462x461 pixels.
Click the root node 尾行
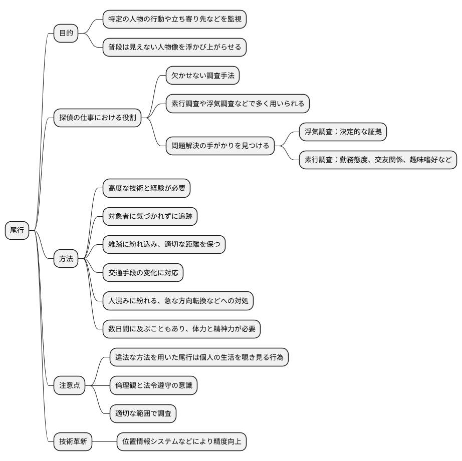(x=17, y=231)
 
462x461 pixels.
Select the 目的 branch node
(x=66, y=34)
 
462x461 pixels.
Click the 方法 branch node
(x=66, y=259)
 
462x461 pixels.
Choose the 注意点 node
(x=70, y=385)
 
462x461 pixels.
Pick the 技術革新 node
(x=73, y=441)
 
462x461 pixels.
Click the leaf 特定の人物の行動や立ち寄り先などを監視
(x=174, y=20)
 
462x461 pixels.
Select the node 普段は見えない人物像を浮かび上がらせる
(x=174, y=48)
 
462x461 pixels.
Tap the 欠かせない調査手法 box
(x=202, y=76)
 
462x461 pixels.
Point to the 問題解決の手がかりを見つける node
(x=220, y=146)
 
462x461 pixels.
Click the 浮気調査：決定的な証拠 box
(x=343, y=132)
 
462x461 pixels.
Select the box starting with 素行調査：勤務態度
(x=378, y=160)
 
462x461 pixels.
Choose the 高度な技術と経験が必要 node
(x=146, y=188)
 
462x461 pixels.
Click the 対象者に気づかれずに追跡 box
(x=150, y=217)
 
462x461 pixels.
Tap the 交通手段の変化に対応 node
(x=143, y=273)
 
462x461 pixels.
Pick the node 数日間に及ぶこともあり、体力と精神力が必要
(x=181, y=329)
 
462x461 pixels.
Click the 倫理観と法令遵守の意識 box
(x=153, y=385)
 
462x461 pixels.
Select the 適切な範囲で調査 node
(x=143, y=413)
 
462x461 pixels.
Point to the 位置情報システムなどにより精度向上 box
(x=181, y=441)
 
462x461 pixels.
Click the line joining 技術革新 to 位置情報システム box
(x=105, y=441)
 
